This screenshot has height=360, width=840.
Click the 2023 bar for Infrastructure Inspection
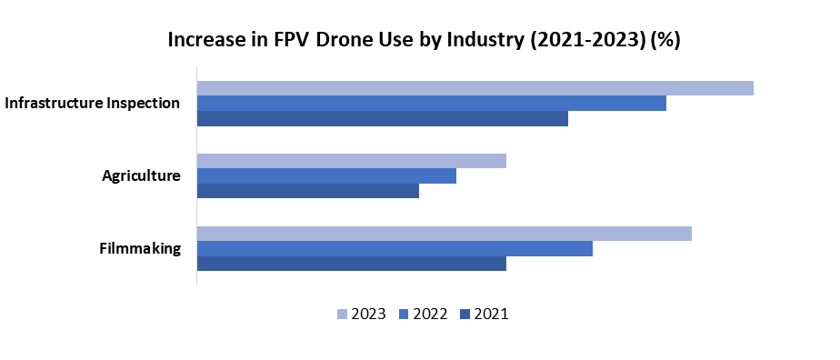(475, 88)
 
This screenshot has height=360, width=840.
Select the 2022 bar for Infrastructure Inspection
(431, 103)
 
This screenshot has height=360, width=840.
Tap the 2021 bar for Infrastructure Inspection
(382, 118)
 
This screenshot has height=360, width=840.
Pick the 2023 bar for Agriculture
(351, 161)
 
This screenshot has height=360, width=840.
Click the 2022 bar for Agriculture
(326, 175)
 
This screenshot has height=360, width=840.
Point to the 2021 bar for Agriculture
(307, 191)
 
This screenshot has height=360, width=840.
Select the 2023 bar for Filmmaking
(444, 234)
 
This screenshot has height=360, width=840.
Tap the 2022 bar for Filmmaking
(395, 248)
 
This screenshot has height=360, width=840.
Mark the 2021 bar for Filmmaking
(351, 264)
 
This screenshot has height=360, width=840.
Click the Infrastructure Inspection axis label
(92, 103)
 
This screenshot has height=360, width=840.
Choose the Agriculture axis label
(141, 175)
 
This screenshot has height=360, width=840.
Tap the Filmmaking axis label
(140, 248)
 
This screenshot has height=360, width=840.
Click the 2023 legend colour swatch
(343, 315)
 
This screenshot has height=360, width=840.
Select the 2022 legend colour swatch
(404, 315)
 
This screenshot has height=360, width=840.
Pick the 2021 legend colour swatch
(465, 315)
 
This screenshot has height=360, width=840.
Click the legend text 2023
(369, 315)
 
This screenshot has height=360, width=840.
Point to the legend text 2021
(491, 315)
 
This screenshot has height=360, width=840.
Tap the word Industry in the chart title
(440, 41)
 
